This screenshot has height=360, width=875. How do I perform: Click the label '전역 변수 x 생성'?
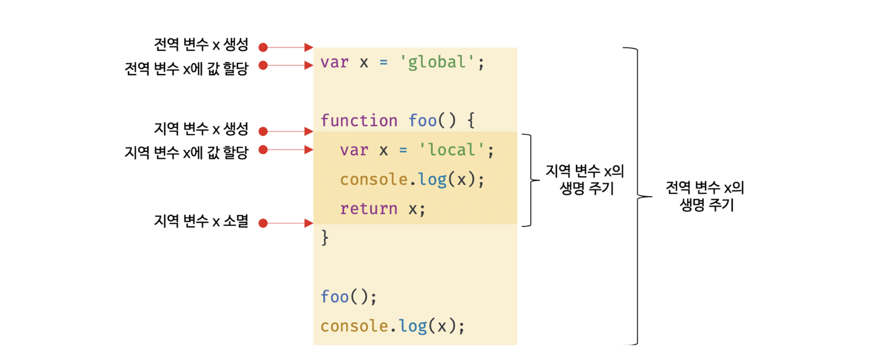201,45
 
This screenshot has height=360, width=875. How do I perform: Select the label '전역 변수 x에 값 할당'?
186,69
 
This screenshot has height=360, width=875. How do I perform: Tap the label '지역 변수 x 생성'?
201,129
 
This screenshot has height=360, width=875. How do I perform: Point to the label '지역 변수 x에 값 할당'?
186,153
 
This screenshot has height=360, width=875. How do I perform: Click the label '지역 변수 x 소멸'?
201,221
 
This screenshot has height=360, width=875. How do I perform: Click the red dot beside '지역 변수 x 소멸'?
263,224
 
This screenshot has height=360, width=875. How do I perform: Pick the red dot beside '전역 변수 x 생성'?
263,47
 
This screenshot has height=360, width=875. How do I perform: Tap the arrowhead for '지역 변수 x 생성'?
309,131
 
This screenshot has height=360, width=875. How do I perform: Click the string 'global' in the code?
437,63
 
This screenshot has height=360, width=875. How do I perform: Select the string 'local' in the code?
451,150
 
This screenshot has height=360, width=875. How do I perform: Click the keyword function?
359,121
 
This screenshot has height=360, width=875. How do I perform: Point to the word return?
369,209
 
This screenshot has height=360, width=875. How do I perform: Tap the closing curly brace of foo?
325,238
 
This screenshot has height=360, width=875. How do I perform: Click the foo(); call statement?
348,297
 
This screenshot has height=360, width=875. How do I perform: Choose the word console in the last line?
354,326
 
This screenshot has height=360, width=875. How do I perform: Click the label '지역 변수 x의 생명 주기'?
585,179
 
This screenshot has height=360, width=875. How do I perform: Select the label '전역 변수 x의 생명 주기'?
705,196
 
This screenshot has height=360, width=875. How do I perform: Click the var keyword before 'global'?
334,63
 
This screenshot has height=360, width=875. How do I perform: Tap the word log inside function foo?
432,180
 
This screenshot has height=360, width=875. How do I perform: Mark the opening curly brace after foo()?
471,120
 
